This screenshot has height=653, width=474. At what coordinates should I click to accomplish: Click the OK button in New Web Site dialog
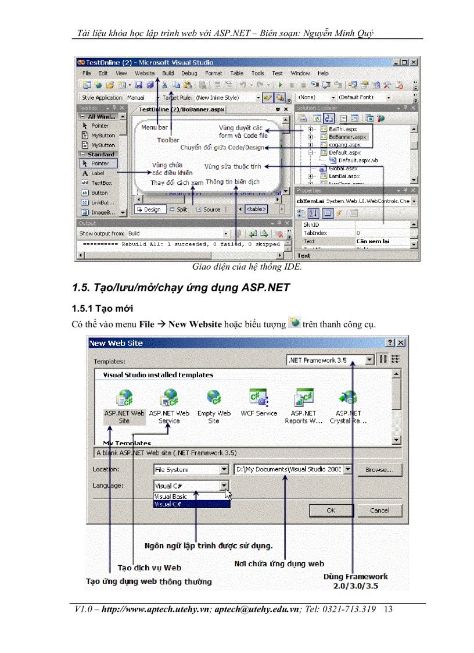click(x=331, y=510)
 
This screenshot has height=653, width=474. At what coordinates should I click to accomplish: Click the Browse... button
click(x=379, y=469)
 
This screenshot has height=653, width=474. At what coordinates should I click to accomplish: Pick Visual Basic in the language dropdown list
click(x=171, y=497)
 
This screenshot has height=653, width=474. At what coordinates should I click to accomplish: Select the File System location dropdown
click(x=191, y=469)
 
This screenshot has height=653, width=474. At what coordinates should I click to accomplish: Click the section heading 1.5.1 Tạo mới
click(x=103, y=308)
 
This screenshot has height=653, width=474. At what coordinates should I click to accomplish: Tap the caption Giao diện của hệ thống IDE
click(x=247, y=267)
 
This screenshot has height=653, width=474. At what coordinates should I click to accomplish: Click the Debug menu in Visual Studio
click(x=189, y=73)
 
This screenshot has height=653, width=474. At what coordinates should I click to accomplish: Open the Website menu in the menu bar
click(x=145, y=73)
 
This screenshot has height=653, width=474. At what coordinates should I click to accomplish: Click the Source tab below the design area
click(x=210, y=209)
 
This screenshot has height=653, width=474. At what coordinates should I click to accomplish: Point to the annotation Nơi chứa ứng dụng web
click(x=279, y=563)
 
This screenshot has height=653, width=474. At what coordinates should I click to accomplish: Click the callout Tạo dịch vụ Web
click(x=149, y=568)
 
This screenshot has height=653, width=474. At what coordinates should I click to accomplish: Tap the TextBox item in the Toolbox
click(x=101, y=183)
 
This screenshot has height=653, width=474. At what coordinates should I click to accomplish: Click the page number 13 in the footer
click(x=388, y=609)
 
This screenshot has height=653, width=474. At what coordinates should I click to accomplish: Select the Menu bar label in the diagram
click(x=154, y=127)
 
